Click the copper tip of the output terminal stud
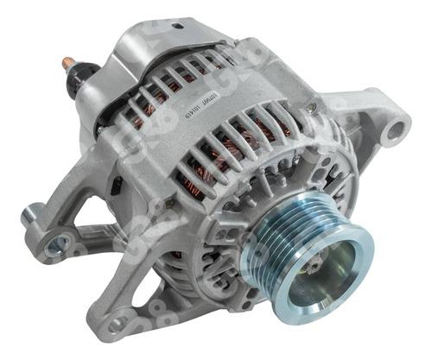tap(67, 63)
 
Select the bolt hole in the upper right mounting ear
tap(396, 132)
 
